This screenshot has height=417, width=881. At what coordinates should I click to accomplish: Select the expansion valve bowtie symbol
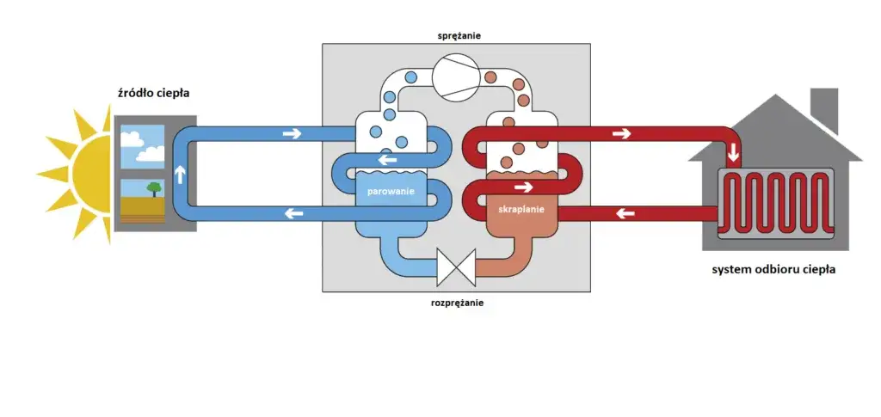[x=456, y=266]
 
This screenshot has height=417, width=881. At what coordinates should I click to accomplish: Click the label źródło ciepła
[x=153, y=93]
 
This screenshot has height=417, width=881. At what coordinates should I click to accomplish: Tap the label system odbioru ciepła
[x=773, y=270]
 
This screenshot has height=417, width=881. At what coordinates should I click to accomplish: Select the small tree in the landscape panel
[x=154, y=188]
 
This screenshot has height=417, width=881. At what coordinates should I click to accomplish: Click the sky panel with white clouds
[x=142, y=146]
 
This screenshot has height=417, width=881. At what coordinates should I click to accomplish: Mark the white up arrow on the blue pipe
[x=181, y=175]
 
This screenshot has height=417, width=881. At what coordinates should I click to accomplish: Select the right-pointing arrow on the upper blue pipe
[x=293, y=133]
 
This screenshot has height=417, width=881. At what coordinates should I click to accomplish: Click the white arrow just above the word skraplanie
[x=521, y=186]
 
